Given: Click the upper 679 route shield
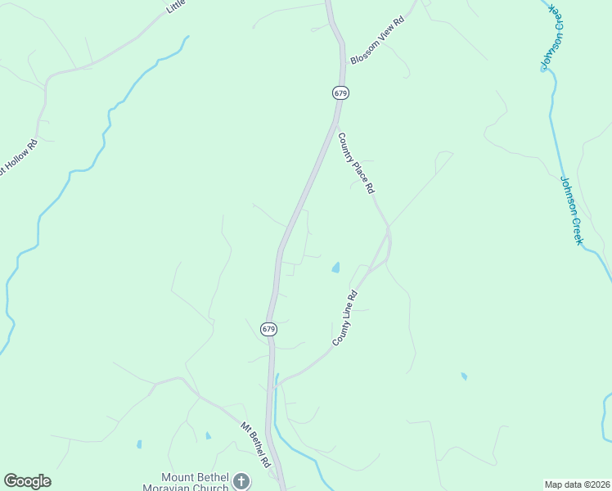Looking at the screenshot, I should [341, 93].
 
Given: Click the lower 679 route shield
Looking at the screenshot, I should [269, 329].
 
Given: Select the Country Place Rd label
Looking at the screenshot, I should [356, 163].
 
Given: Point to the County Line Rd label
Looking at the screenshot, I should [345, 317].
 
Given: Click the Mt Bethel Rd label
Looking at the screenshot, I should [255, 444].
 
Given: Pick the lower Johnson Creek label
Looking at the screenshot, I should [571, 209].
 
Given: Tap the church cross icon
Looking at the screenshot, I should [241, 481].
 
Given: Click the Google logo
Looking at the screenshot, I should [27, 481].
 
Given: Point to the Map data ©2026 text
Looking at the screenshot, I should [576, 484].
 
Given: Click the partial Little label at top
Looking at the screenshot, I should [176, 7].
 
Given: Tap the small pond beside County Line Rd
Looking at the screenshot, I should [335, 268].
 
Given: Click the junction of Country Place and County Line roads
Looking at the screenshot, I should [388, 227].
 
